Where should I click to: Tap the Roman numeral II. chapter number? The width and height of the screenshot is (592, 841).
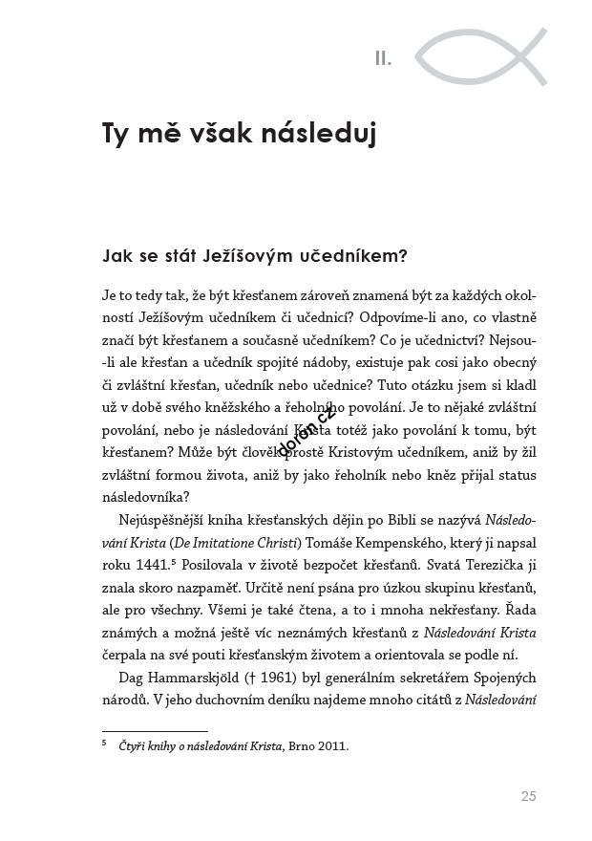pyautogui.click(x=383, y=59)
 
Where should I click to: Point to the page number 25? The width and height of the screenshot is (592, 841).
pyautogui.click(x=528, y=795)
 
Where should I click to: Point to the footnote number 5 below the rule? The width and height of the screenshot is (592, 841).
pyautogui.click(x=104, y=743)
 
